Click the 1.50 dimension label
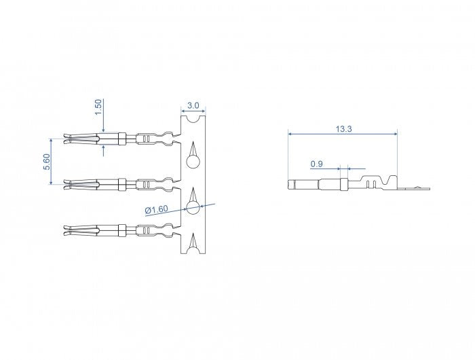coord(98,106)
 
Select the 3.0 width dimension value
coord(193,106)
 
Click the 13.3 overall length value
coord(343,128)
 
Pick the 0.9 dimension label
coord(316,164)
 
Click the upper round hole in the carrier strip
coord(192,162)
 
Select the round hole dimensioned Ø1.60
coord(192,208)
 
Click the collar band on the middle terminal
coord(121,183)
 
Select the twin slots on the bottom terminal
coord(146,230)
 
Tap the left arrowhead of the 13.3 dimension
coord(290,134)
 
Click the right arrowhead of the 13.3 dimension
coord(395,134)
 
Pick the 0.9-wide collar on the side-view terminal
coord(344,184)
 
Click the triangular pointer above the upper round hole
coord(192,149)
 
